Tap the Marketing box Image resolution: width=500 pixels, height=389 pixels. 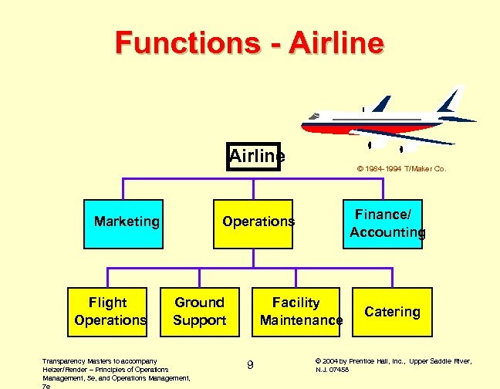[127, 222]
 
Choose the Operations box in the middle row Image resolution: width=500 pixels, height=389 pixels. [258, 222]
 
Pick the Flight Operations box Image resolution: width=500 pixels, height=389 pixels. [109, 311]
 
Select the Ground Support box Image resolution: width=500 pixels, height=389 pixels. [199, 311]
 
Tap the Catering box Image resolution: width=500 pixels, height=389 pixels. [392, 312]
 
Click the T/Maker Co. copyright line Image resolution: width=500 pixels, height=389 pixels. [401, 168]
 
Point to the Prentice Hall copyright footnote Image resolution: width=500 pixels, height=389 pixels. [394, 365]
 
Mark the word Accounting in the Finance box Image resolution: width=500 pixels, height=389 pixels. [387, 232]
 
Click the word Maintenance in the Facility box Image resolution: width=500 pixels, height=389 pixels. [301, 320]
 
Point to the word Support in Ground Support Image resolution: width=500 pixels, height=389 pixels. [199, 320]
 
